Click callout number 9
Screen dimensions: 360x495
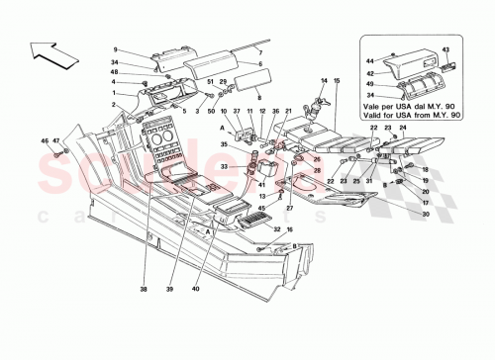click(115, 49)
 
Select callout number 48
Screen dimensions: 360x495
click(115, 71)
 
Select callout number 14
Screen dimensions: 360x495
click(323, 79)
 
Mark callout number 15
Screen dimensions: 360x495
click(337, 79)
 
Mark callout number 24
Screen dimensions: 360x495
click(404, 128)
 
